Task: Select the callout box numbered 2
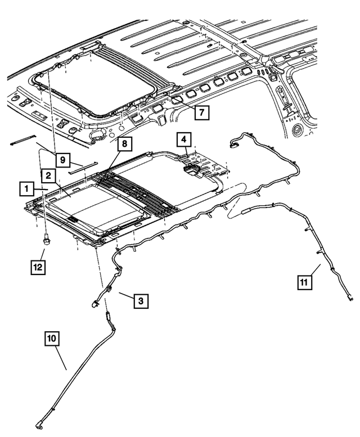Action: (x=49, y=177)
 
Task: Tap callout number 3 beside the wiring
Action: (x=141, y=301)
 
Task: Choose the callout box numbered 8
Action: (x=125, y=145)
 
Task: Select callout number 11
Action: (x=304, y=282)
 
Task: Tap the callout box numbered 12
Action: (x=37, y=267)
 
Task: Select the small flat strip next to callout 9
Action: (x=83, y=166)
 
